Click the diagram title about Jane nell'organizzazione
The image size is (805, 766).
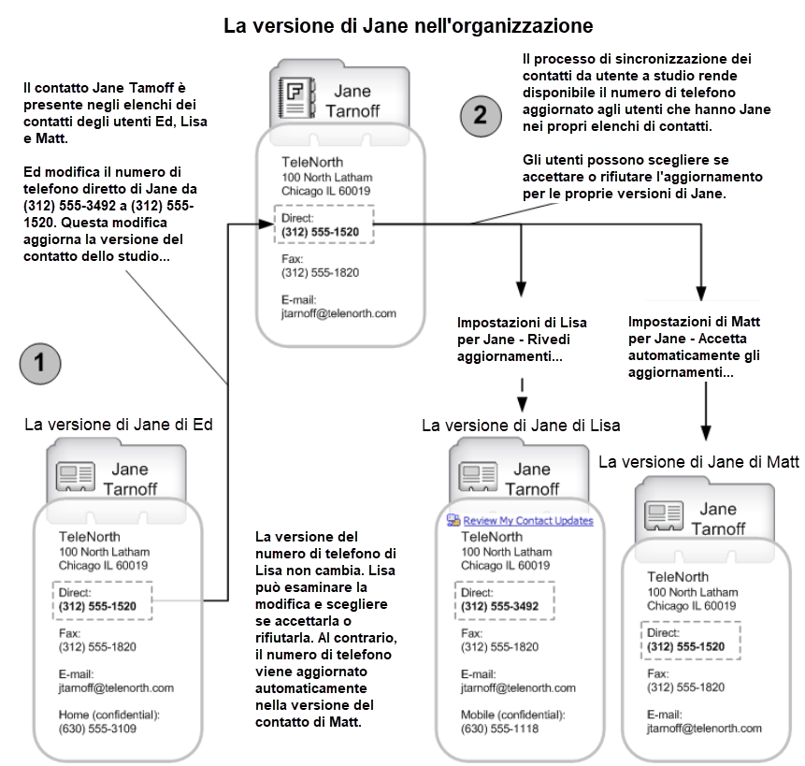(x=409, y=25)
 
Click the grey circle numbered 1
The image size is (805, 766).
(x=40, y=364)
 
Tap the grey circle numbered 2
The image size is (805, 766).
(x=481, y=116)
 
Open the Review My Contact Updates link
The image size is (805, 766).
(x=527, y=521)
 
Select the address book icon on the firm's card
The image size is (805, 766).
(x=295, y=97)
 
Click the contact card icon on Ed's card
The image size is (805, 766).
(x=75, y=476)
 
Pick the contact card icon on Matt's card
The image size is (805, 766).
(x=664, y=516)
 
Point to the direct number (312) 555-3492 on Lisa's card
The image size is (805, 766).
(x=499, y=606)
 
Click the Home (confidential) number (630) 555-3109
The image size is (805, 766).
(x=97, y=729)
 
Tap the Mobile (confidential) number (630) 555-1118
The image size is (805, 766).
(x=499, y=729)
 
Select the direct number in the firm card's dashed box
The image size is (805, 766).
(x=320, y=232)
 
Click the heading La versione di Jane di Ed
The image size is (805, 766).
(x=119, y=425)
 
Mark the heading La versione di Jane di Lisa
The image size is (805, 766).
(x=521, y=426)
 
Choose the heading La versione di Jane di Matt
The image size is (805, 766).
(x=698, y=462)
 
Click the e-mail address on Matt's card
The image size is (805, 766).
(x=704, y=728)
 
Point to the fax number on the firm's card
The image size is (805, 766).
(x=320, y=272)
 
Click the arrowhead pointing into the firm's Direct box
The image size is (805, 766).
(x=266, y=224)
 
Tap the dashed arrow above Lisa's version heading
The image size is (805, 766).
(x=522, y=396)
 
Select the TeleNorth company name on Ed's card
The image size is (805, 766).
(x=90, y=537)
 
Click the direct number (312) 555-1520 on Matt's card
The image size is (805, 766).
(x=685, y=647)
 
